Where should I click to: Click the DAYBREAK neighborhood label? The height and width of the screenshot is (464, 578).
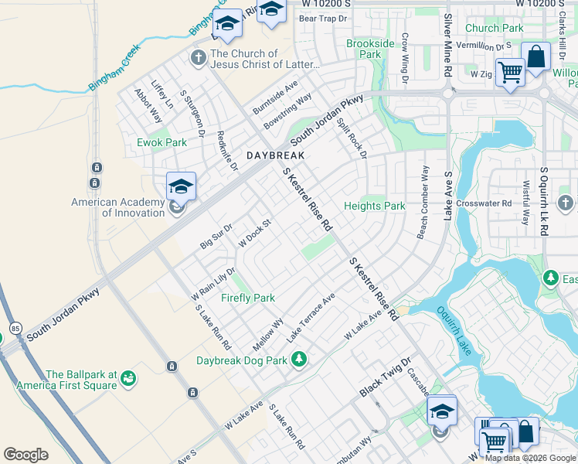tap(276, 155)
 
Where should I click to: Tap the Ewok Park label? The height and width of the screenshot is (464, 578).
tap(162, 142)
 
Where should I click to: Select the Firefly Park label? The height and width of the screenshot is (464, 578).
tap(248, 298)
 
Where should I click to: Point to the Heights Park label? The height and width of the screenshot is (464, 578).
tap(375, 206)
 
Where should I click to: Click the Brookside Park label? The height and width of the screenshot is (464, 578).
tap(370, 49)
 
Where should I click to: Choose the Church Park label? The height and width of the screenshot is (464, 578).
tap(495, 28)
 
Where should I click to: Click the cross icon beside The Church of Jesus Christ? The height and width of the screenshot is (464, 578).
tap(199, 58)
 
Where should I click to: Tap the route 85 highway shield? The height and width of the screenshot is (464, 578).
tap(16, 329)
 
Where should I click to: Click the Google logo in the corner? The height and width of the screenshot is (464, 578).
tap(25, 454)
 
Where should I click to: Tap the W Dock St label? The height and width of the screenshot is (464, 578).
tap(256, 230)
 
